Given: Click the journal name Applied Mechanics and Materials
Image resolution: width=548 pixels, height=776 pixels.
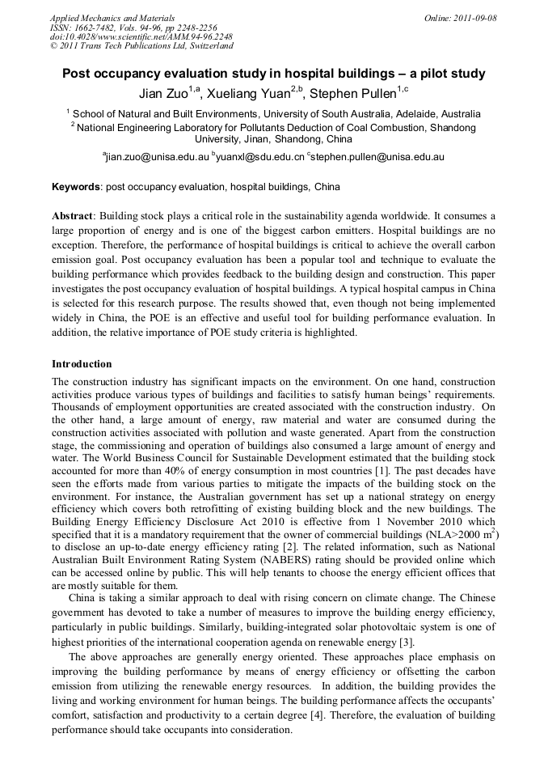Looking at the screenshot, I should point(112,17).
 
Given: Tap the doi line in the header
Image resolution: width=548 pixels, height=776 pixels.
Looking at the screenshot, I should point(141,36).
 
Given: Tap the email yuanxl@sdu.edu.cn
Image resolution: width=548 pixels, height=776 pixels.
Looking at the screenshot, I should point(261,157).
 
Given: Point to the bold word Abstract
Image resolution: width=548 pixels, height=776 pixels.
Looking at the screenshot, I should point(73,217).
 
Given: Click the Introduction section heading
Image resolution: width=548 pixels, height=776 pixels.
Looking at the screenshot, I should point(82,364).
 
